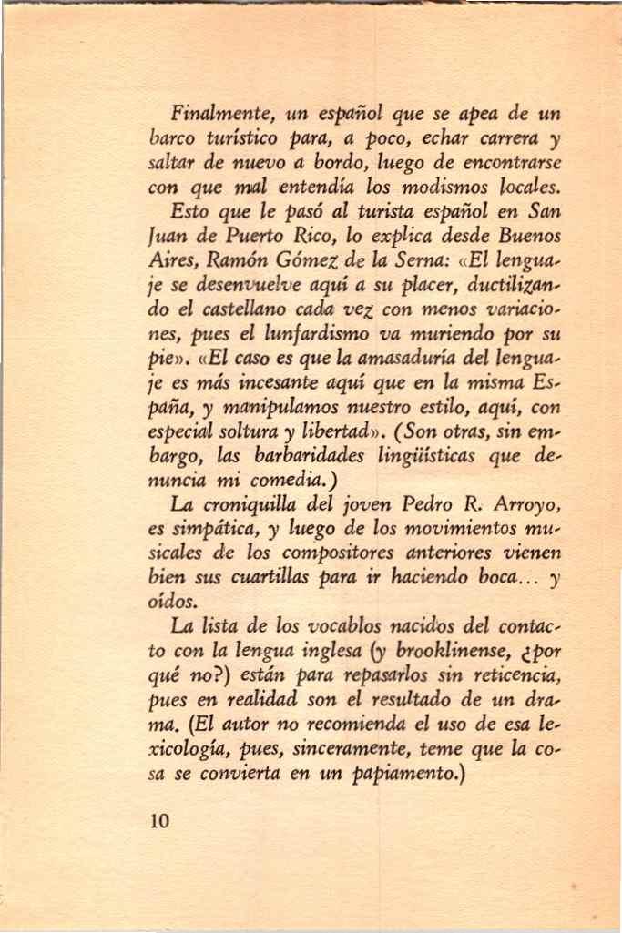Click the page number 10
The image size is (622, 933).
(160, 820)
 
